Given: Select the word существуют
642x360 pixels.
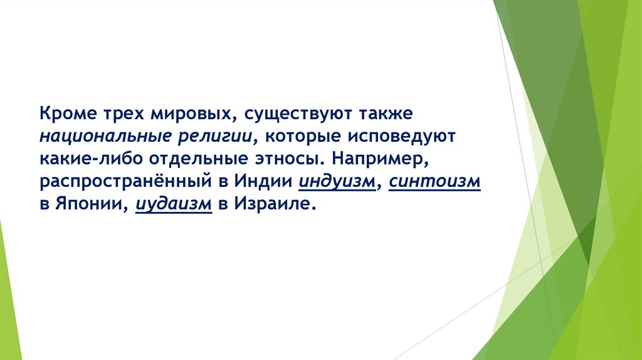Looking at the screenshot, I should point(292,115).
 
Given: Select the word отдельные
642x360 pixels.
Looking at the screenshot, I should point(195,159).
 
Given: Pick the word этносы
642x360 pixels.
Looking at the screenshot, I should point(285,159).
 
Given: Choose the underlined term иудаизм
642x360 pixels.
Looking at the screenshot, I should point(171,204).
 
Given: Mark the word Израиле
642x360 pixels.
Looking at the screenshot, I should point(273,204).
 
